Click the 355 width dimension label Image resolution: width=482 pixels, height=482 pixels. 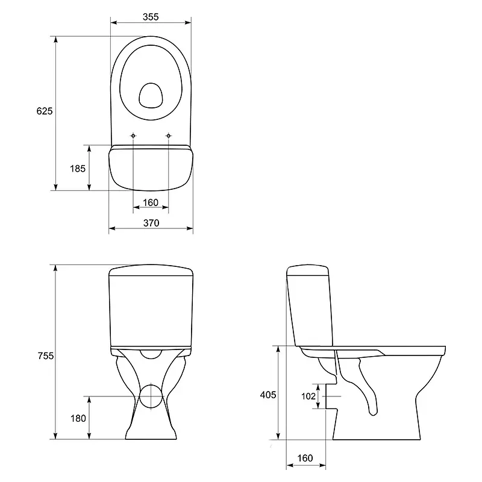click(x=151, y=17)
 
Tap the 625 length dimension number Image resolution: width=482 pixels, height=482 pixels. click(x=45, y=111)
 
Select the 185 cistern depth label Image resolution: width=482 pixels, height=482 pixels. click(x=78, y=169)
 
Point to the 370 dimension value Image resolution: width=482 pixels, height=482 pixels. click(x=151, y=223)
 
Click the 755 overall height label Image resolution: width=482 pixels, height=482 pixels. click(x=46, y=355)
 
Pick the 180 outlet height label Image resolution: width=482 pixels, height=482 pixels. click(x=78, y=418)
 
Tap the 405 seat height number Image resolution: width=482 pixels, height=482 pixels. click(x=268, y=395)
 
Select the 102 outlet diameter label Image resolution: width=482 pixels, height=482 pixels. click(x=308, y=396)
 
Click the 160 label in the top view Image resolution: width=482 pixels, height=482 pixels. click(x=151, y=202)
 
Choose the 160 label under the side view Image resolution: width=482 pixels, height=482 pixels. click(x=305, y=459)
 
